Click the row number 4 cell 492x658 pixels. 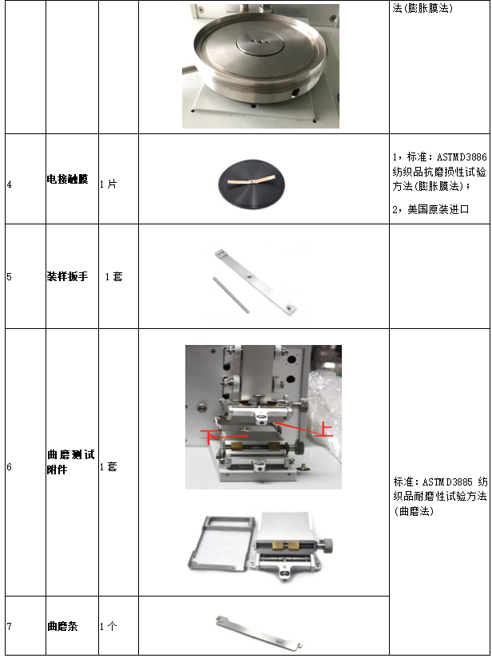[x=10, y=184]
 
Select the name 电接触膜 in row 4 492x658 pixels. [x=68, y=179]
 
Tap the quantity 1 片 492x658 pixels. [x=109, y=184]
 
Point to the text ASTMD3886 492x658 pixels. [x=462, y=157]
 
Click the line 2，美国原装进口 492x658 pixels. [x=430, y=209]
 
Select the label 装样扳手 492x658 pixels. [x=68, y=276]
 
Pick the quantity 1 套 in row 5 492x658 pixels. [x=113, y=276]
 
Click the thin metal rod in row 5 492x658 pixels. [x=231, y=295]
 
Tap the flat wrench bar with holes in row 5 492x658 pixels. [x=256, y=281]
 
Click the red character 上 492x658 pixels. [x=324, y=431]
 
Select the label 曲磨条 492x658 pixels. [x=62, y=627]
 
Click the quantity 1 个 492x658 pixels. [x=109, y=627]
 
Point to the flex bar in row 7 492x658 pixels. [x=260, y=632]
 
